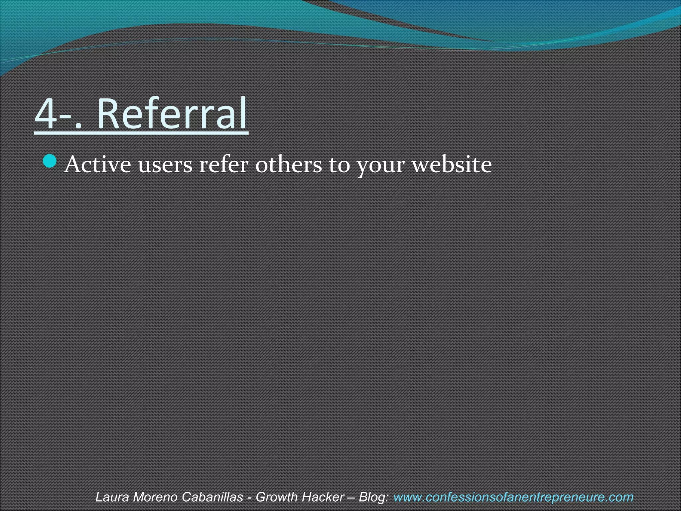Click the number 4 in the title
pyautogui.click(x=47, y=114)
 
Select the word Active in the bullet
pyautogui.click(x=98, y=164)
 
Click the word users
pyautogui.click(x=165, y=165)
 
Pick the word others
pyautogui.click(x=288, y=164)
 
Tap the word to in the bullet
pyautogui.click(x=340, y=165)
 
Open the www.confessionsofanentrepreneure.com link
pyautogui.click(x=513, y=497)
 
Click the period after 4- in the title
pyautogui.click(x=78, y=125)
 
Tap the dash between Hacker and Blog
pyautogui.click(x=351, y=497)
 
